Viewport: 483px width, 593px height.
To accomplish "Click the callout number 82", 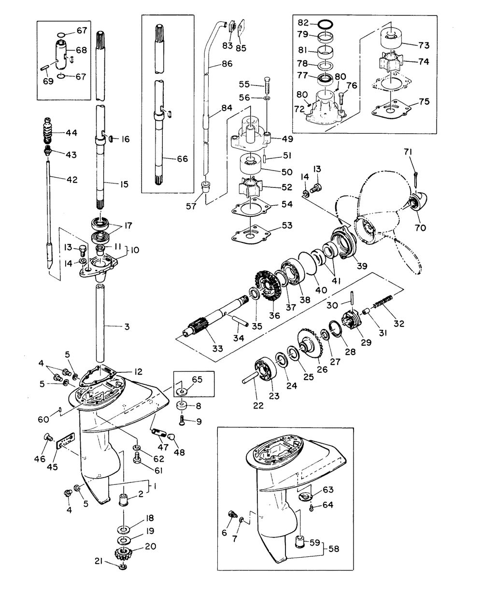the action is point(303,22).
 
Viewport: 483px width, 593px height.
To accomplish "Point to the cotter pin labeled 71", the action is point(415,180).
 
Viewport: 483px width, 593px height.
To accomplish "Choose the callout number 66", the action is point(183,159).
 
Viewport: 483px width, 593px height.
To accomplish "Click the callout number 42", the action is point(72,180).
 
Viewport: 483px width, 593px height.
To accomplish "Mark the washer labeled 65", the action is point(182,392).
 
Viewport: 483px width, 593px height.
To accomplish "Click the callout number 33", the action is point(217,348).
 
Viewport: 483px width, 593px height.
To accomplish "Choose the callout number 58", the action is point(334,549).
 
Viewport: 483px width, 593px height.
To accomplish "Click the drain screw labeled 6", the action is point(232,514).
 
